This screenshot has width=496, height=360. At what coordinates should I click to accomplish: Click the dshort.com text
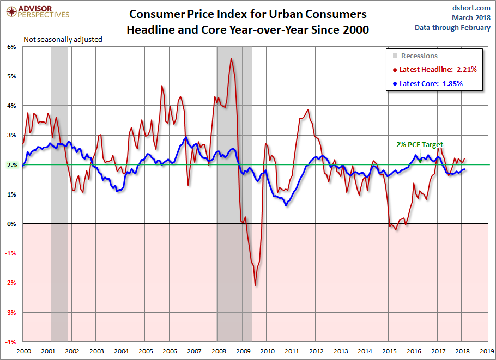click(x=472, y=8)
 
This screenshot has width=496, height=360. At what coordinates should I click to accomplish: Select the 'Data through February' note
click(x=452, y=28)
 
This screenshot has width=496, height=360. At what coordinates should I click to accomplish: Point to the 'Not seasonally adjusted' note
click(x=63, y=39)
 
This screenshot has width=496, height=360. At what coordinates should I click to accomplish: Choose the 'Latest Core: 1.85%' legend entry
click(x=431, y=84)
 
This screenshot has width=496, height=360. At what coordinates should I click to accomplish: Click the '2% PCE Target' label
click(x=419, y=145)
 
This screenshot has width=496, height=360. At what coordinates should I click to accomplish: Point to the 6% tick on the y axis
click(x=11, y=47)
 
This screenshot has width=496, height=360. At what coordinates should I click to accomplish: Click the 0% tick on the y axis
click(x=11, y=224)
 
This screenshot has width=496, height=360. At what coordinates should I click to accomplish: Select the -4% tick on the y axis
click(x=11, y=342)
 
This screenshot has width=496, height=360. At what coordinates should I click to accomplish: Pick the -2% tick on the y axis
click(x=11, y=283)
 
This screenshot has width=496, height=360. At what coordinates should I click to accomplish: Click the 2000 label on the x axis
click(x=23, y=351)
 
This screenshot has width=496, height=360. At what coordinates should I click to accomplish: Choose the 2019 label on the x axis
click(x=487, y=351)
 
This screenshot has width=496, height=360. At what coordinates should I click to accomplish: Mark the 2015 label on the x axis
click(x=389, y=351)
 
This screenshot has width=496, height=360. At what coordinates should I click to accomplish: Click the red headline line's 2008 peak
click(x=231, y=58)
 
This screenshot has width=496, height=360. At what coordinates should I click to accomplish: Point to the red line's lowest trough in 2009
click(x=255, y=285)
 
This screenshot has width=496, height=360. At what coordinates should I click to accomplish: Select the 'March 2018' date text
click(x=471, y=18)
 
